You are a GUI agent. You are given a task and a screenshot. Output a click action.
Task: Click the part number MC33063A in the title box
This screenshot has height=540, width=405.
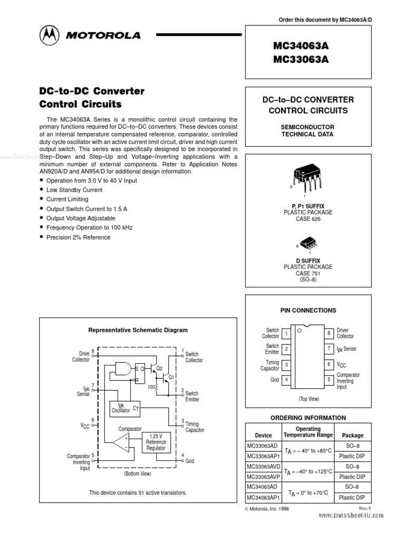tap(301, 59)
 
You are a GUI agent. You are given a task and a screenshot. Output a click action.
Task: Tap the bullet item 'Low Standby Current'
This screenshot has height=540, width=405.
tap(74, 190)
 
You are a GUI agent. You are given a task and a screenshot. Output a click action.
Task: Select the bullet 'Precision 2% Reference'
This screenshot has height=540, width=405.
tap(78, 237)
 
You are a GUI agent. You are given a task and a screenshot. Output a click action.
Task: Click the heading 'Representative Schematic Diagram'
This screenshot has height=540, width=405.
tap(138, 330)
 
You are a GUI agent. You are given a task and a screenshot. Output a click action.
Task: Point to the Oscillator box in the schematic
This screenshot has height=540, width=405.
tap(126, 408)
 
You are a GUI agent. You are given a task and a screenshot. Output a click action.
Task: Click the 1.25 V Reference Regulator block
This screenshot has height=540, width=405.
tap(156, 441)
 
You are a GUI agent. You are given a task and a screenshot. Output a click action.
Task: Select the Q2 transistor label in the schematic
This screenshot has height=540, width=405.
tap(160, 368)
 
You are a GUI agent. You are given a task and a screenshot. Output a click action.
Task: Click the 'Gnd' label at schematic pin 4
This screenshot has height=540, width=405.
tap(190, 461)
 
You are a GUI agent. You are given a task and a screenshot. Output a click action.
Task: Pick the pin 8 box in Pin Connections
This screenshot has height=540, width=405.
tap(329, 333)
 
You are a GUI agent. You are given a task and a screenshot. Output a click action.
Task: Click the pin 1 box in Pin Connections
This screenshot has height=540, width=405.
tap(286, 333)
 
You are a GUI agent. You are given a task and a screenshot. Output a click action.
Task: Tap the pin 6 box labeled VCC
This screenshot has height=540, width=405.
tap(329, 364)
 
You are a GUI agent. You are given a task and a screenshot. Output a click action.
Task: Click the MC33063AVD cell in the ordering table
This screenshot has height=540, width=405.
tap(264, 467)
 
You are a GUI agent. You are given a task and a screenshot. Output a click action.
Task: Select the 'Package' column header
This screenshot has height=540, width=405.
tap(353, 436)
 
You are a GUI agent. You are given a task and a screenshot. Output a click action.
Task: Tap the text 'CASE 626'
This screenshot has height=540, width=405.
tap(308, 219)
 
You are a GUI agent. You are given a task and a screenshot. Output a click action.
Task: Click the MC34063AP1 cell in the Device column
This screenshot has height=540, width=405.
tap(264, 497)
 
